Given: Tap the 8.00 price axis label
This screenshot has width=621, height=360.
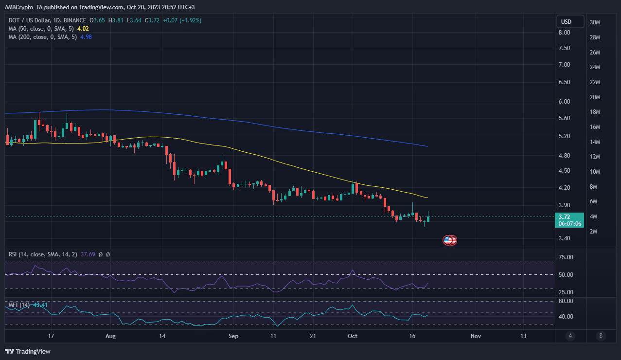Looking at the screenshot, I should (564, 33).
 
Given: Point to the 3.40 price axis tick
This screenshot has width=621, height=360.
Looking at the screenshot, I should (564, 238).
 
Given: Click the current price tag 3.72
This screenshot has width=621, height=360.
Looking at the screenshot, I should (565, 217).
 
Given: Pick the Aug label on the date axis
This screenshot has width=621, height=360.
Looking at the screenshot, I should (111, 336).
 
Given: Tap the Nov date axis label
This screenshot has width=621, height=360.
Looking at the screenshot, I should (476, 336).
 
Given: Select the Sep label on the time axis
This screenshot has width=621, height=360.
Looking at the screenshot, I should (233, 336).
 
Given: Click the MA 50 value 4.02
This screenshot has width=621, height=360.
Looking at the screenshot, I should (83, 29).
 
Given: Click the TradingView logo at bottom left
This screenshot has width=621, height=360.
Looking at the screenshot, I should (28, 351).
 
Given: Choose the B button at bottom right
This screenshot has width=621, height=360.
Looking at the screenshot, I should (601, 336).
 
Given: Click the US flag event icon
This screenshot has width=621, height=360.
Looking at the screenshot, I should (448, 240).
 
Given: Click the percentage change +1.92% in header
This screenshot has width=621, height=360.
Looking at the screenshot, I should (189, 20).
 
